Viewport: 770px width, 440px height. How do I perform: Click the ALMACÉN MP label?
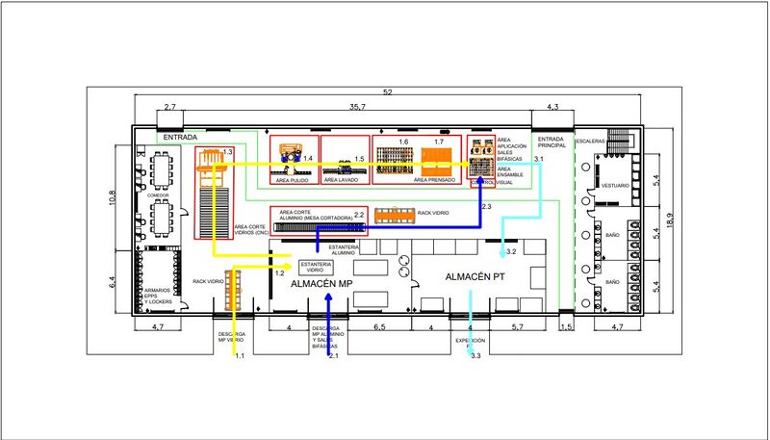(321, 284)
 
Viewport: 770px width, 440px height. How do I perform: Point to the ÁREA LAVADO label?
(341, 179)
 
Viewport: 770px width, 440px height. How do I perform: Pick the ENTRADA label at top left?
(180, 138)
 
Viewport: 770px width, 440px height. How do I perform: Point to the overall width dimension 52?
(387, 91)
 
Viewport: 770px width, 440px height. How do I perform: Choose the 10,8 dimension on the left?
(112, 196)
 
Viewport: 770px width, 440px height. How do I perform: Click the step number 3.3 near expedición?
(475, 356)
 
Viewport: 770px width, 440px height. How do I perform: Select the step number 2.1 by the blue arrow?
(334, 356)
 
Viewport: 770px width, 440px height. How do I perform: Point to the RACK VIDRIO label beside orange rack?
(432, 212)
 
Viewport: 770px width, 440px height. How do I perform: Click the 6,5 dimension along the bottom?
(379, 327)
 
